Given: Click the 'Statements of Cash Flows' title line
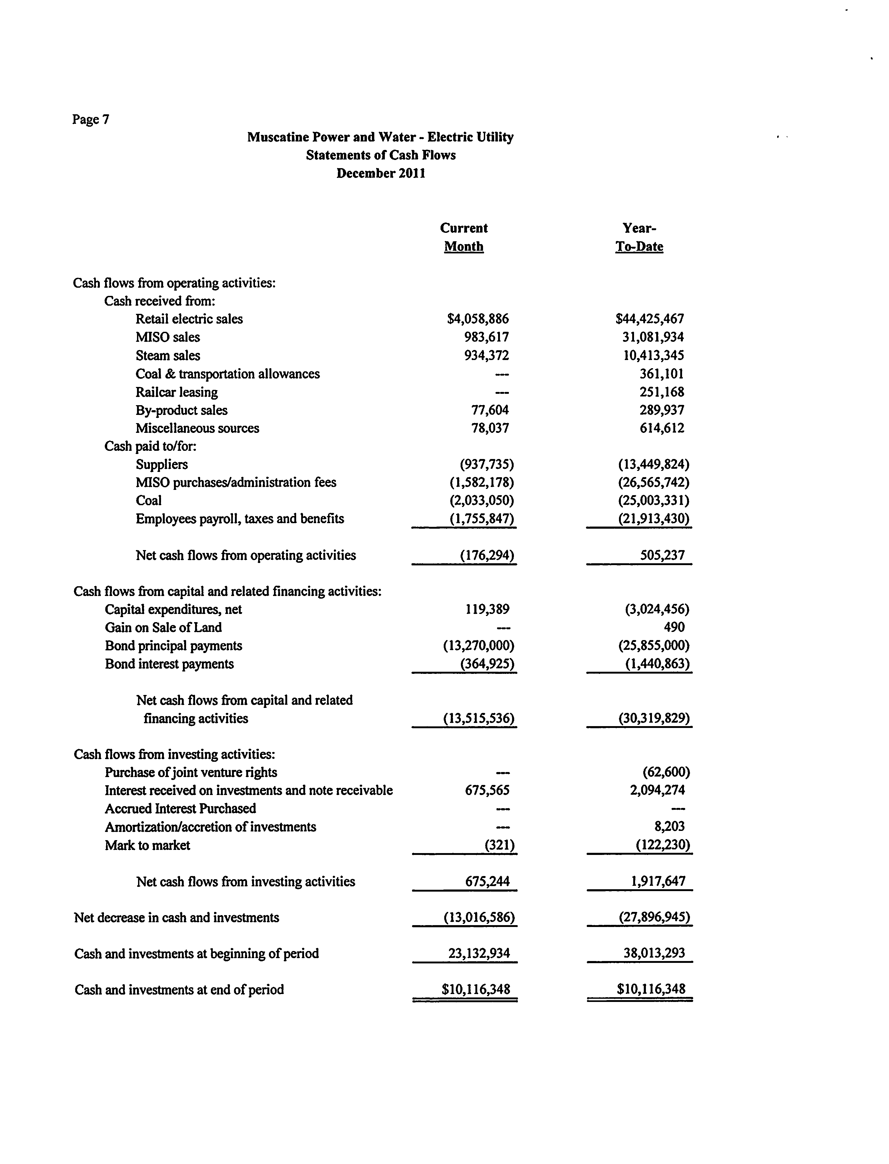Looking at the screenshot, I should pyautogui.click(x=380, y=155).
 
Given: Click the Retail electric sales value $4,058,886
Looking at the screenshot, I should pyautogui.click(x=478, y=319).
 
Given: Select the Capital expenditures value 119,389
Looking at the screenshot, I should pyautogui.click(x=487, y=609).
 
